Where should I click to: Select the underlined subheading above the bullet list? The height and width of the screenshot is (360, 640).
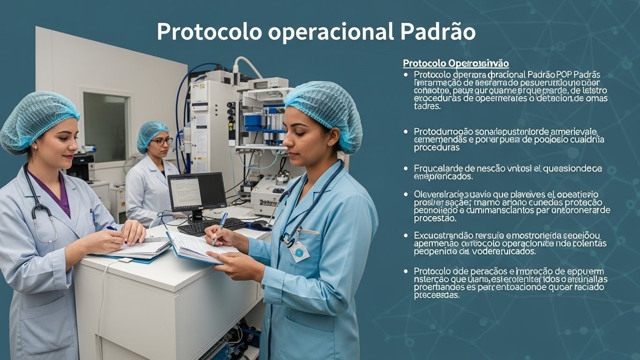click(456, 63)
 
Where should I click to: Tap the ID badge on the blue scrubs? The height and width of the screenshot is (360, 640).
click(299, 252)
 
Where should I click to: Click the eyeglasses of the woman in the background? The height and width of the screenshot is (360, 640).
click(162, 141)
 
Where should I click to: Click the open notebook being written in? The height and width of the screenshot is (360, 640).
click(197, 246)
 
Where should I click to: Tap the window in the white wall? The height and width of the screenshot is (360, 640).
click(105, 127)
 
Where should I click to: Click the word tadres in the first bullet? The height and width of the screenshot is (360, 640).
click(427, 106)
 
